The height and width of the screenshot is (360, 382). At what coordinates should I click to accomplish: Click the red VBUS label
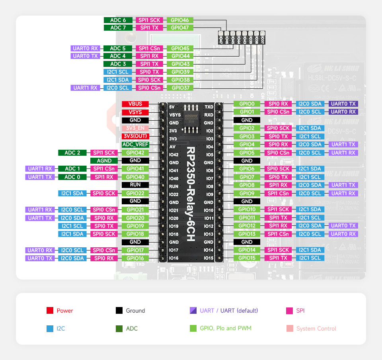[135, 104]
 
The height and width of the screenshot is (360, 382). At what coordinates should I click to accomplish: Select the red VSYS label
[135, 112]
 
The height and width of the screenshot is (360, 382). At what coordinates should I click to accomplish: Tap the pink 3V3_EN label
[135, 128]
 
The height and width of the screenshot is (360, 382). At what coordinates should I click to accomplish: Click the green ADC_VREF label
[135, 145]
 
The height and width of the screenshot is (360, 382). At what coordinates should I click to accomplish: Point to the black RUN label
[135, 185]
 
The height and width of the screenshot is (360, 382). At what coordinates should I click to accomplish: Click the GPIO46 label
[180, 20]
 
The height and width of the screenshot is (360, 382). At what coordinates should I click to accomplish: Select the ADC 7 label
[118, 28]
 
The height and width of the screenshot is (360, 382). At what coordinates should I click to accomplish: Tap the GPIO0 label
[247, 104]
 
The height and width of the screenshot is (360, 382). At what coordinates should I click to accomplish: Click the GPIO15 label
[247, 258]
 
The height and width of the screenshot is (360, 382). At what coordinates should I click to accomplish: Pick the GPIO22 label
[135, 193]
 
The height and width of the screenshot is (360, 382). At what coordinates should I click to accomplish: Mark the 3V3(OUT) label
[135, 136]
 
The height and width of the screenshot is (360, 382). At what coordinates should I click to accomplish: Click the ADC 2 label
[72, 153]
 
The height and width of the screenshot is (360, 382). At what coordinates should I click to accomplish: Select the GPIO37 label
[180, 88]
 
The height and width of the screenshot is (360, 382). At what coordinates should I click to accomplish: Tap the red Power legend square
[50, 311]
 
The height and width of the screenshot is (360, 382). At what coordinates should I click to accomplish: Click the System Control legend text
[316, 329]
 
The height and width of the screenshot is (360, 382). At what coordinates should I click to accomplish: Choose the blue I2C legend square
[50, 329]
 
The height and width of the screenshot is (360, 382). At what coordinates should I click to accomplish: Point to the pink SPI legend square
[289, 311]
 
